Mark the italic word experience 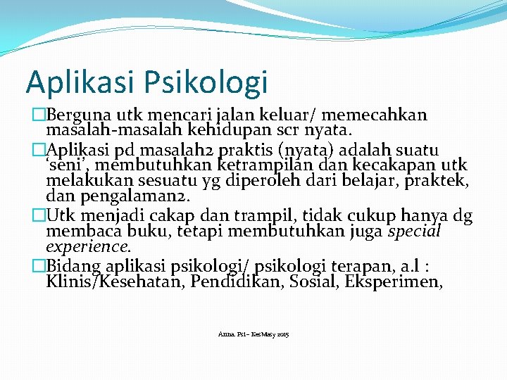pos(88,247)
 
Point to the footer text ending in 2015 pos(253,334)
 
